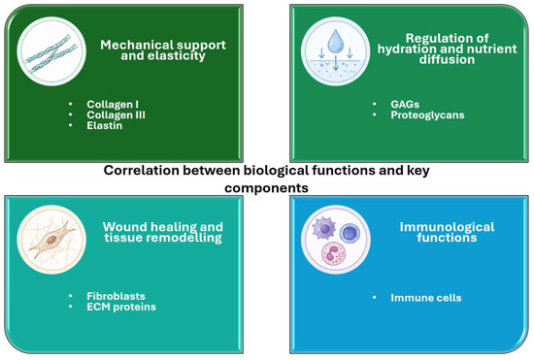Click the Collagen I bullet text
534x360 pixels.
[x=113, y=104]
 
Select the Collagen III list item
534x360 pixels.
[x=116, y=115]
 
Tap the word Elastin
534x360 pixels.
[x=104, y=125]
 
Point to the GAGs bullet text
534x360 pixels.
[x=405, y=104]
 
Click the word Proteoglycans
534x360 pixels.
[x=427, y=115]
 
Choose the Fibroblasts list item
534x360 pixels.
[x=116, y=296]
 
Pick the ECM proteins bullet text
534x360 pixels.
[x=121, y=307]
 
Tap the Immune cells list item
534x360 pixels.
[x=425, y=298]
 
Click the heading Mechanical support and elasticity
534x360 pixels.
[x=163, y=50]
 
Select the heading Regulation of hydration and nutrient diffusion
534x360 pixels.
[x=448, y=49]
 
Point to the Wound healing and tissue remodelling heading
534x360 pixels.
[x=163, y=232]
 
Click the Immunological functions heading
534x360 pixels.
[x=447, y=232]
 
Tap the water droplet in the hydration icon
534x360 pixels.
[x=335, y=41]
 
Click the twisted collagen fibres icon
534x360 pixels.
[x=51, y=53]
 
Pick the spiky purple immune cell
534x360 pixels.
[x=324, y=228]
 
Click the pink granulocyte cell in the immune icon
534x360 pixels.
[x=333, y=253]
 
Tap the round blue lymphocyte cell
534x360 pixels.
[x=350, y=234]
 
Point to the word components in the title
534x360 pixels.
[x=266, y=188]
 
